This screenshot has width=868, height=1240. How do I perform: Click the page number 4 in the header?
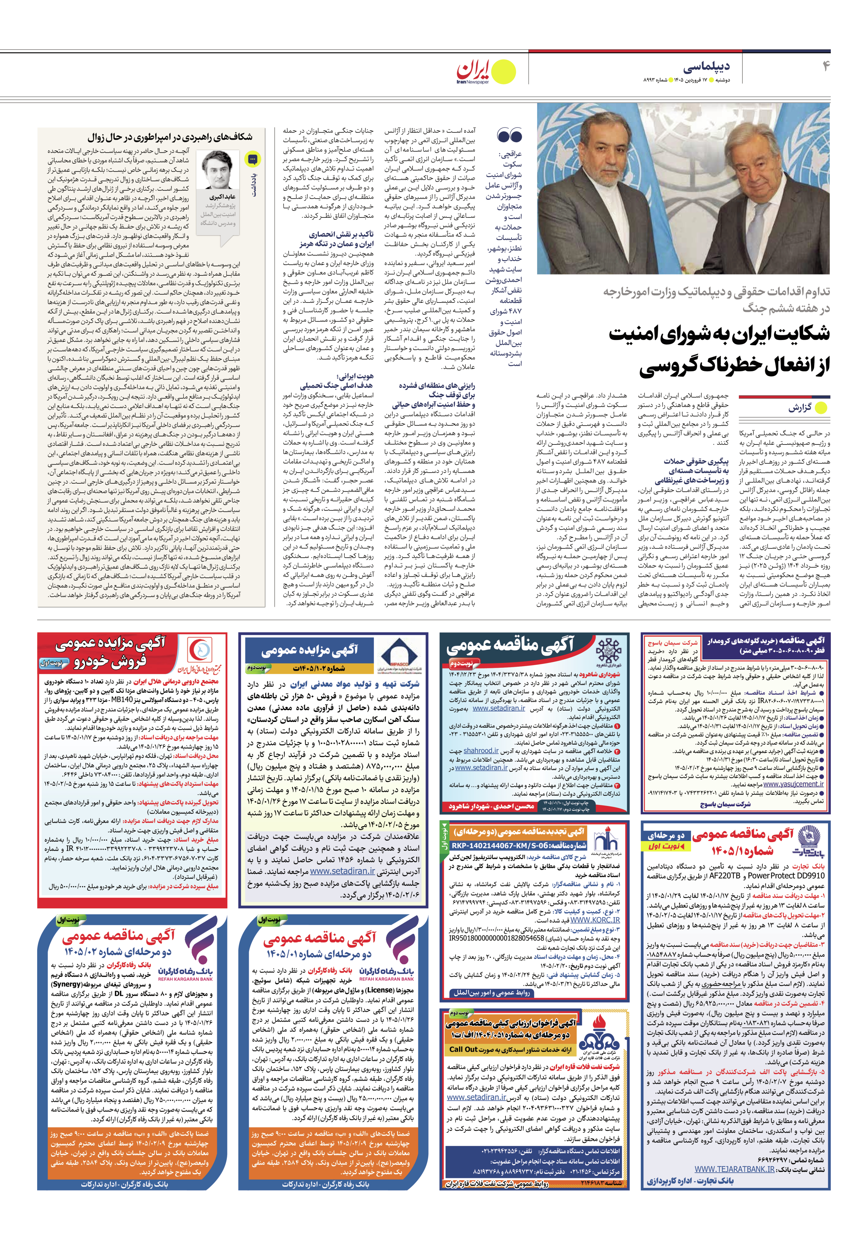tap(825, 66)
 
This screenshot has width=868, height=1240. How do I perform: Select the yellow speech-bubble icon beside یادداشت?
tap(252, 159)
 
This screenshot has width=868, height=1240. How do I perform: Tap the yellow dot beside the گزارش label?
tap(820, 408)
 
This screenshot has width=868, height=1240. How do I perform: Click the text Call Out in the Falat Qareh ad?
tap(464, 1049)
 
